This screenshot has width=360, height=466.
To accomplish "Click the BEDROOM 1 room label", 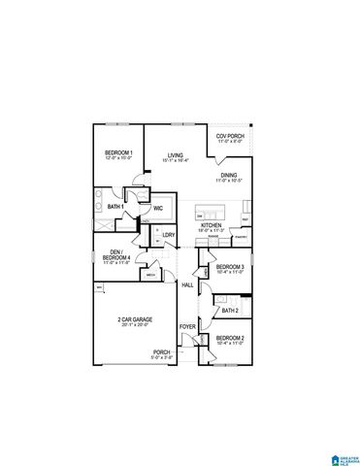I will point(118,152).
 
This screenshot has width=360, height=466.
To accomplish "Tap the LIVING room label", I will point(175,154).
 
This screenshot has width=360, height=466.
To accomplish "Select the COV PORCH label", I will point(229,137).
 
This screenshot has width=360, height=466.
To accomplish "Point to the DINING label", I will point(228,176).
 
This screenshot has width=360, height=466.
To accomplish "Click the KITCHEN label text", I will point(212,224).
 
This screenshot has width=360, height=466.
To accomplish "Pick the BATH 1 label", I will point(115,207).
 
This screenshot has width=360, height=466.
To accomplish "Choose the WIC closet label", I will point(158,208).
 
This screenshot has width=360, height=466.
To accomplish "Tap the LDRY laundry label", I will point(169,235).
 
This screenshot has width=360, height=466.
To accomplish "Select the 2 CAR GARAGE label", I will point(133,319).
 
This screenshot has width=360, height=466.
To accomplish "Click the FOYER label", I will point(187,340).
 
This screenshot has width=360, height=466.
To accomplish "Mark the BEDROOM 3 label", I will point(230,266).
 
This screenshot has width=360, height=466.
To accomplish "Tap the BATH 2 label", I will point(230,311).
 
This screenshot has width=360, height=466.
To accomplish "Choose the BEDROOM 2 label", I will point(230,339).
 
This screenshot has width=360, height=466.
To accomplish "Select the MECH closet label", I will point(151,275).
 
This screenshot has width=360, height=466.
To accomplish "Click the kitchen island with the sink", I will point(210,211).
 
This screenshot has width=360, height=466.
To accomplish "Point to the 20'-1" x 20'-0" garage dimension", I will point(133,326).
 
